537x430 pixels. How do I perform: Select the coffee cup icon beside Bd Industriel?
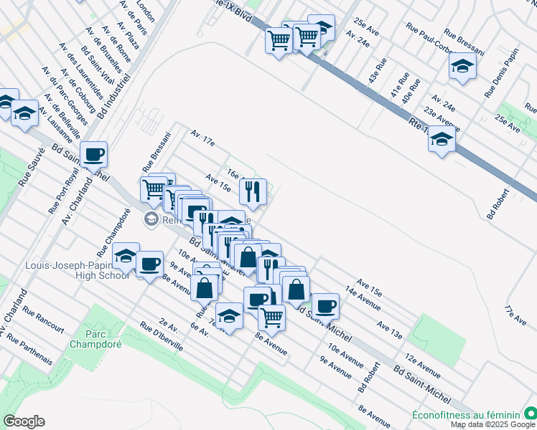(94, 153)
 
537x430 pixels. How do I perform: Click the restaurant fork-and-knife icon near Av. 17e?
(252, 190)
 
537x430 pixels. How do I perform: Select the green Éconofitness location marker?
(529, 414)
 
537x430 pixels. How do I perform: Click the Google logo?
(24, 421)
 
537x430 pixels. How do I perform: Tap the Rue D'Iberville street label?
(162, 335)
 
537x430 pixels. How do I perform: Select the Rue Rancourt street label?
(43, 320)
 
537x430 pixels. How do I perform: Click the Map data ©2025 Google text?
(493, 424)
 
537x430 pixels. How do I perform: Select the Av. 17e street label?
(202, 138)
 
